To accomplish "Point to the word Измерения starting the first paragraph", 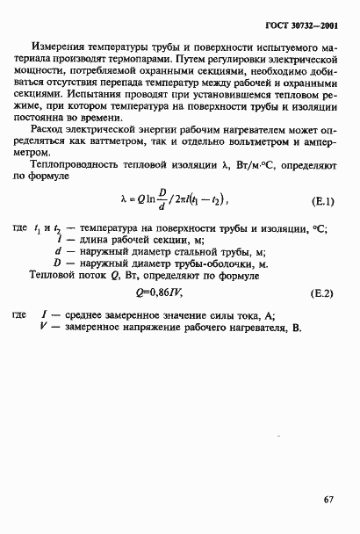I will coord(58,46).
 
